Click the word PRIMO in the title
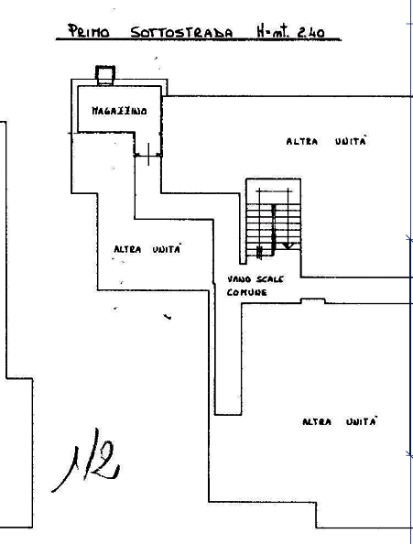pyautogui.click(x=88, y=31)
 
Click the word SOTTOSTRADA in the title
pyautogui.click(x=181, y=32)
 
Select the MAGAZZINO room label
pyautogui.click(x=119, y=111)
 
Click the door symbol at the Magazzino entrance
pyautogui.click(x=148, y=155)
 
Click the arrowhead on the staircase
pyautogui.click(x=288, y=245)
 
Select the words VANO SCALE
pyautogui.click(x=255, y=279)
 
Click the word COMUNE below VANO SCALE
pyautogui.click(x=247, y=292)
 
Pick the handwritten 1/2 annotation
pyautogui.click(x=87, y=460)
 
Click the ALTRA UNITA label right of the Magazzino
pyautogui.click(x=326, y=141)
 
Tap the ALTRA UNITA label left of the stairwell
pyautogui.click(x=147, y=249)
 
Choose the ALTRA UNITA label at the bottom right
pyautogui.click(x=339, y=421)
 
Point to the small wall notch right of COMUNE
pyautogui.click(x=313, y=300)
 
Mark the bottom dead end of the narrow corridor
pyautogui.click(x=228, y=414)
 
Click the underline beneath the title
pyautogui.click(x=199, y=40)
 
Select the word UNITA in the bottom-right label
pyautogui.click(x=362, y=421)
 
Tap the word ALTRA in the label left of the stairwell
pyautogui.click(x=127, y=249)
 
